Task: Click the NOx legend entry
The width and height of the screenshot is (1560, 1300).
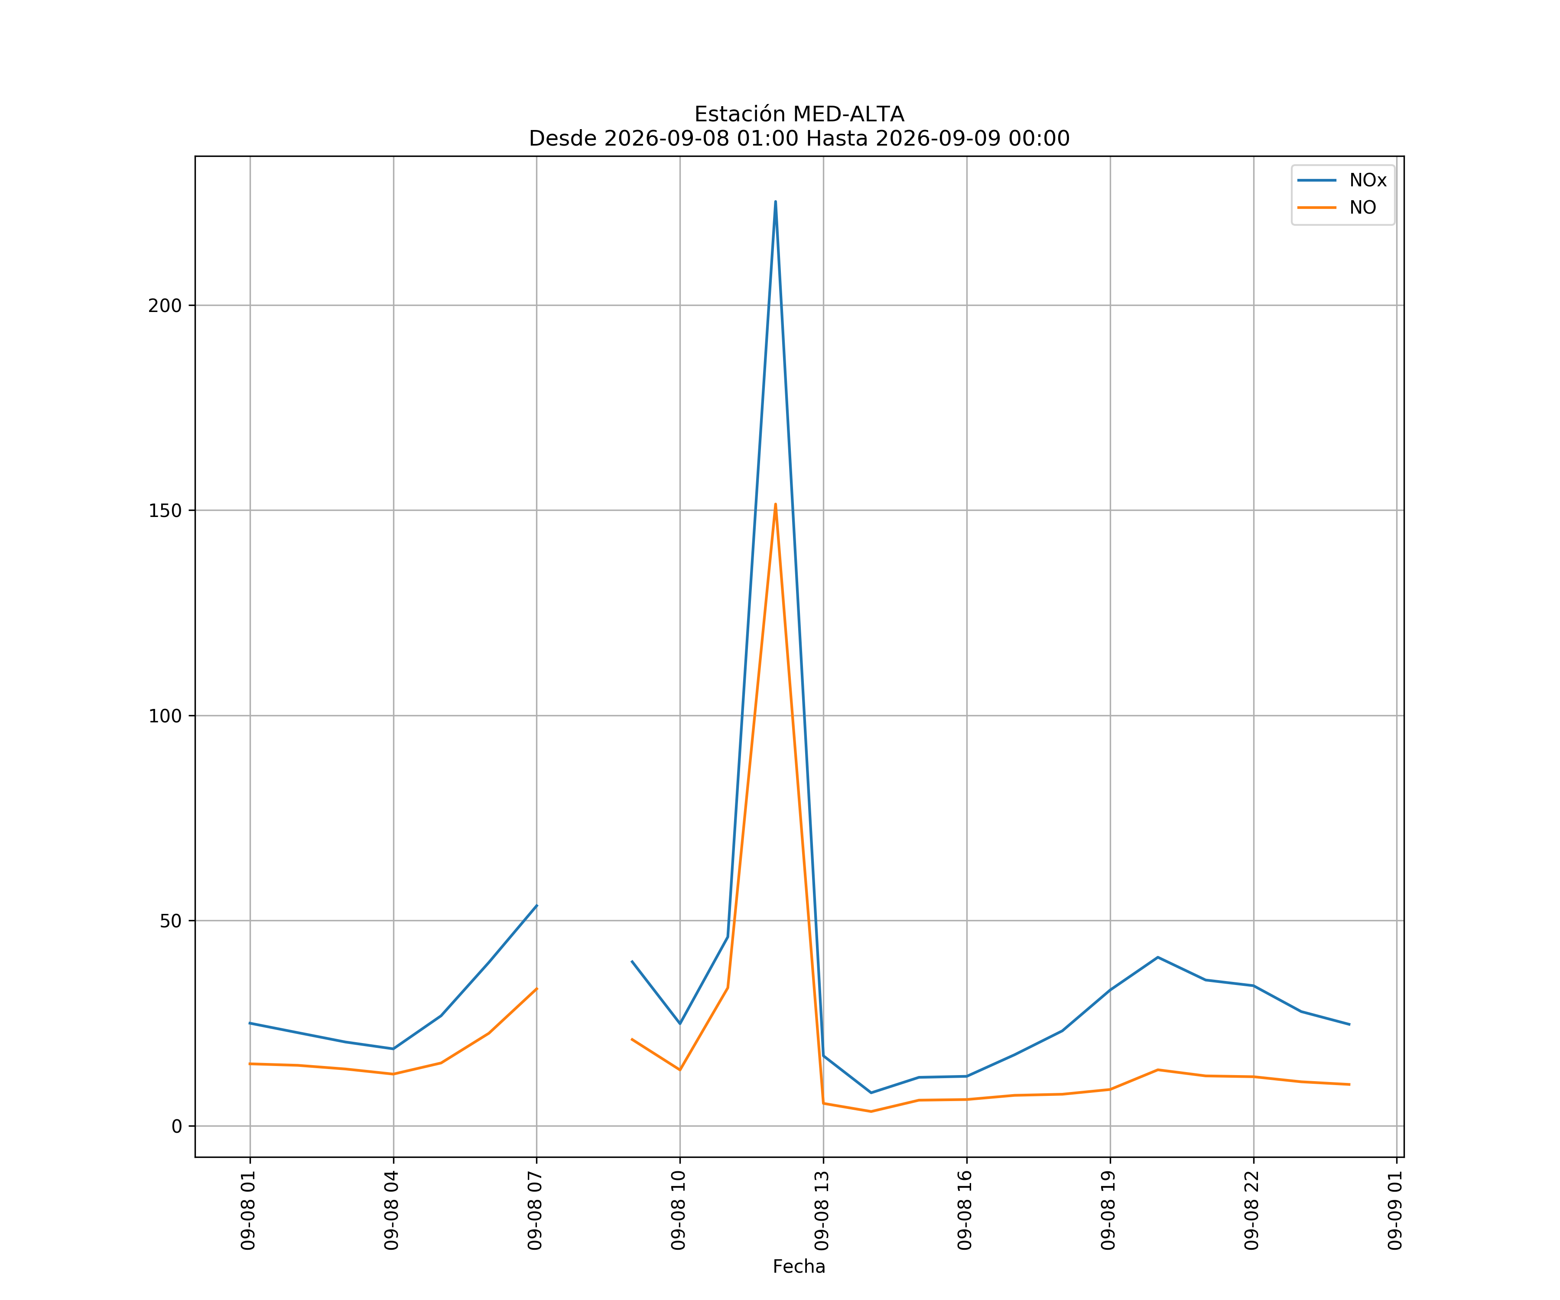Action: coord(1342,181)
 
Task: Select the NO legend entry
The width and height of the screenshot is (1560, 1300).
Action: coord(1337,207)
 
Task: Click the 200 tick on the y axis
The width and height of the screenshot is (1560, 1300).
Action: coord(165,305)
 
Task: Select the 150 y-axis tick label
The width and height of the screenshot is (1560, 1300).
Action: coord(165,510)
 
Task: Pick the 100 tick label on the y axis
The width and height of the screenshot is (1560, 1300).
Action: coord(165,716)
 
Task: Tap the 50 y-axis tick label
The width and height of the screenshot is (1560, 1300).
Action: coord(171,921)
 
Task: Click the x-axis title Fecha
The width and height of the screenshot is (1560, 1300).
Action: coord(799,1267)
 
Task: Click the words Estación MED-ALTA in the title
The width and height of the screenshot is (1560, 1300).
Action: coord(799,114)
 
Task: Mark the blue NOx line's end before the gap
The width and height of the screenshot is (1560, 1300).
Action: coord(536,906)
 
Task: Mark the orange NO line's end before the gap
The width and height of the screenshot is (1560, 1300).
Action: coord(536,989)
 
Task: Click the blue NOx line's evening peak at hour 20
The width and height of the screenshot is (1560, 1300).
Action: coord(1157,958)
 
